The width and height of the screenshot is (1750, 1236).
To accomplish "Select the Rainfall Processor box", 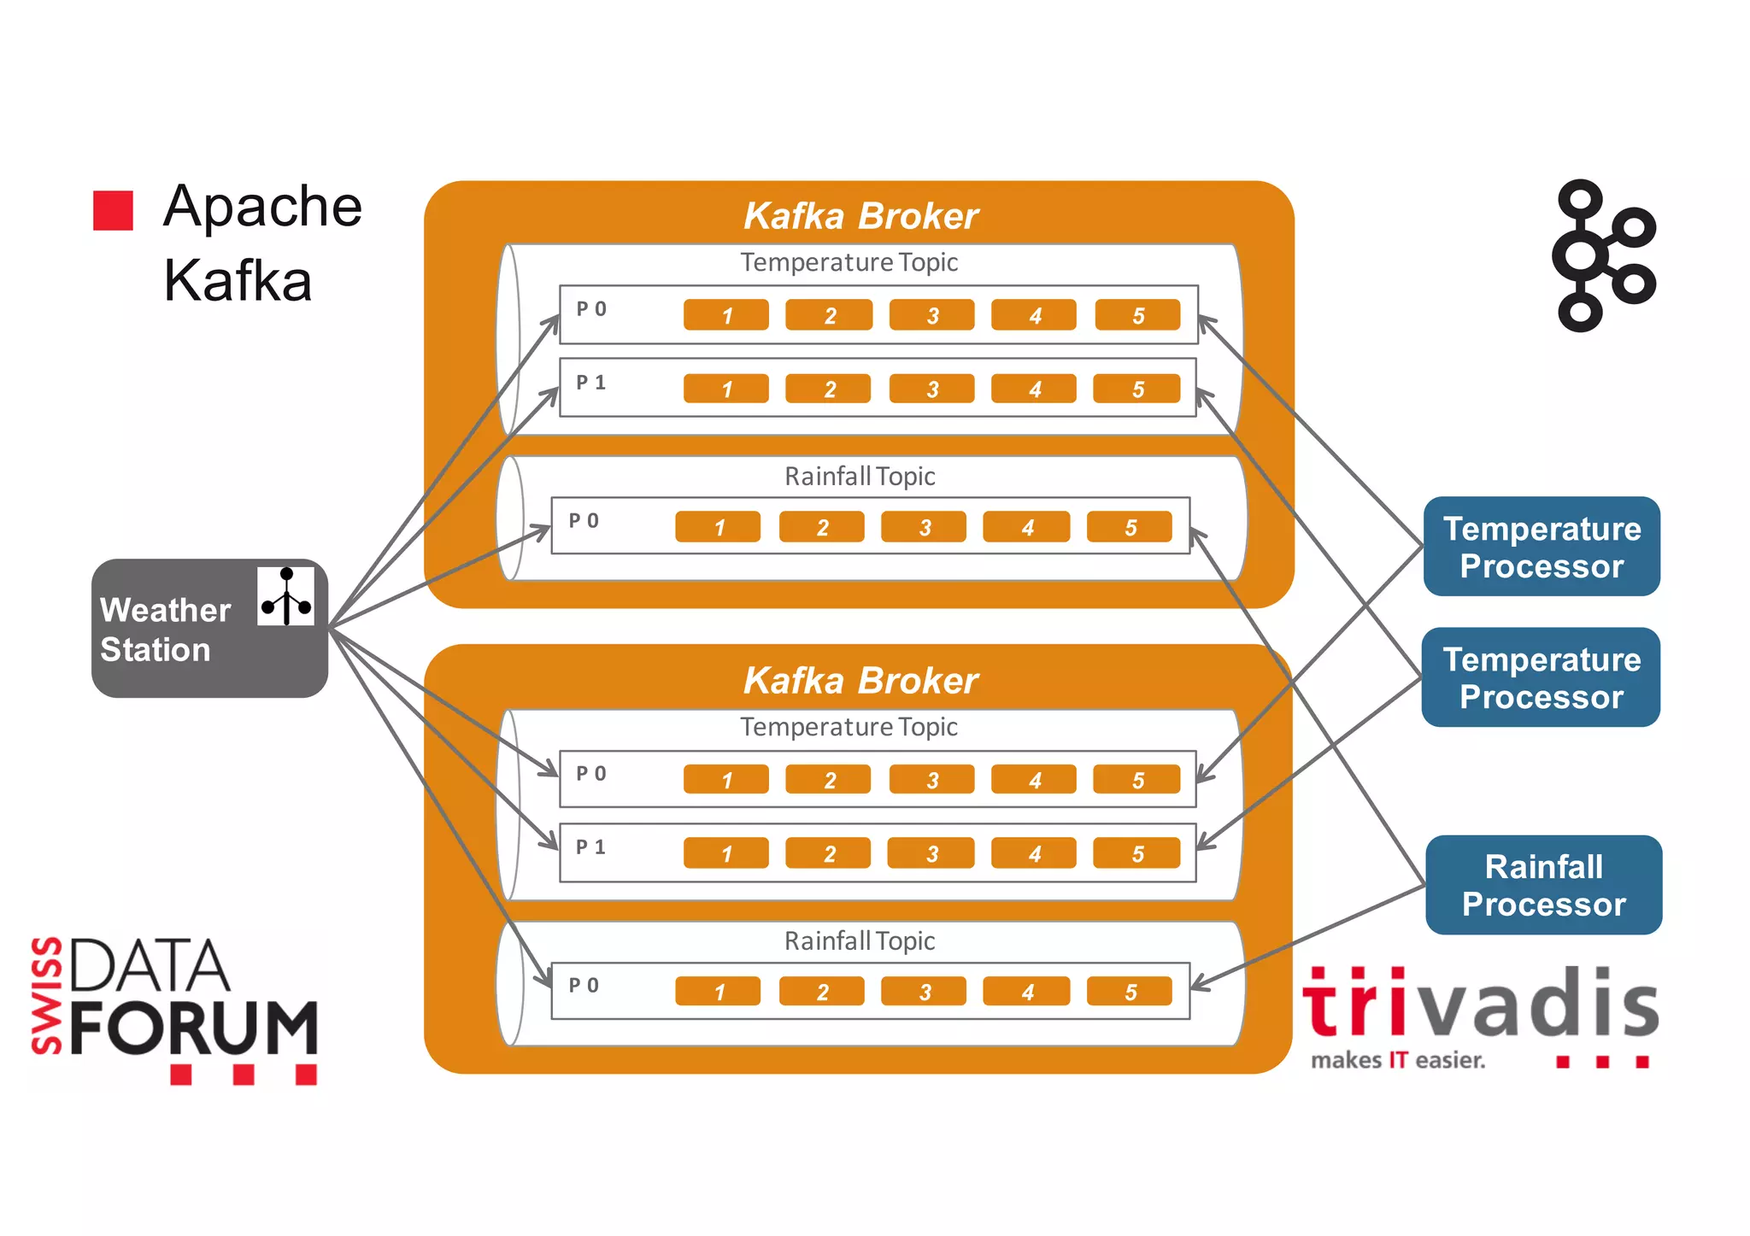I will click(x=1543, y=885).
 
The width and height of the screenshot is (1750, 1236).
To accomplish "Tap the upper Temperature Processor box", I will click(x=1542, y=547).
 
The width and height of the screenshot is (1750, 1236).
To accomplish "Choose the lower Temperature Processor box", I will click(x=1541, y=677).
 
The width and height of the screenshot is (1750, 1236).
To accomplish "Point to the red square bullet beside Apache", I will click(x=113, y=210).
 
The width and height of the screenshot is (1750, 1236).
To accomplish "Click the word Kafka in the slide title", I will click(x=238, y=280).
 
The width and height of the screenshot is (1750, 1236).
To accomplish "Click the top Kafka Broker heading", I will click(x=860, y=216).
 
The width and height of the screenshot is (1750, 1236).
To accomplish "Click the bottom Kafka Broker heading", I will click(x=860, y=681).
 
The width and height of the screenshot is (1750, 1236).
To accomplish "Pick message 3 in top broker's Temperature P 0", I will click(x=931, y=315).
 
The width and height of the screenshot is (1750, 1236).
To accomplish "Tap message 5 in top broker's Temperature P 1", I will click(x=1136, y=390).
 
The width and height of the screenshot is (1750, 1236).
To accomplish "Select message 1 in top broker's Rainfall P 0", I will click(x=718, y=527).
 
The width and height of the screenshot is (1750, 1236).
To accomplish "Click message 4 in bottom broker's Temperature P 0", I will click(x=1033, y=780).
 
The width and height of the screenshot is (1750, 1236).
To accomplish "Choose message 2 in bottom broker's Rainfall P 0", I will click(x=821, y=992).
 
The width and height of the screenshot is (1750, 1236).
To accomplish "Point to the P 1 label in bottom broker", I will click(x=590, y=846).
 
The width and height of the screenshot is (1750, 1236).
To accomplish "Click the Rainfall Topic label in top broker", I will click(x=860, y=477).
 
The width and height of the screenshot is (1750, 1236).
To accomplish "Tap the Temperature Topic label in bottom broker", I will click(x=849, y=727).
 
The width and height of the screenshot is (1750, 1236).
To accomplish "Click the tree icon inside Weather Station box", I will click(x=286, y=596).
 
